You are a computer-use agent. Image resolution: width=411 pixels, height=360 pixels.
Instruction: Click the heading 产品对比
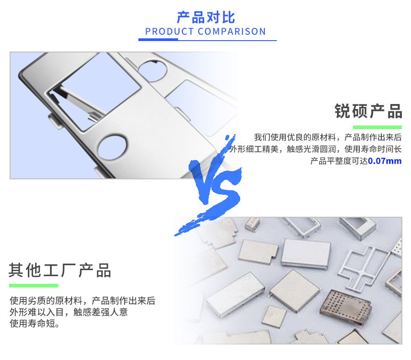pyautogui.click(x=205, y=17)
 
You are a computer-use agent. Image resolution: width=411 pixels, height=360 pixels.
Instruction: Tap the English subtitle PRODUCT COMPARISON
pyautogui.click(x=205, y=31)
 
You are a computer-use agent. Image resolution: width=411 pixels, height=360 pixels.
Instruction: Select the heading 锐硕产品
pyautogui.click(x=368, y=111)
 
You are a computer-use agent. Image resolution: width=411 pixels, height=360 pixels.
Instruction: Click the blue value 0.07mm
pyautogui.click(x=385, y=161)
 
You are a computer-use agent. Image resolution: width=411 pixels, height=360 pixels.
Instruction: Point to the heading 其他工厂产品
pyautogui.click(x=60, y=271)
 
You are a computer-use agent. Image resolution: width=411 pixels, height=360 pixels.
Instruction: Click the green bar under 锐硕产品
pyautogui.click(x=377, y=127)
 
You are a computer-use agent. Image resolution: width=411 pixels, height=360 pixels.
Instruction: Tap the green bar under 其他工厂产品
pyautogui.click(x=34, y=286)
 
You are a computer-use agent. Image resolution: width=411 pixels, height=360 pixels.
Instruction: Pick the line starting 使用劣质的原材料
pyautogui.click(x=82, y=301)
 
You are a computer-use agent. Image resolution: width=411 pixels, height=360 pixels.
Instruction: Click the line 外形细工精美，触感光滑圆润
pyautogui.click(x=316, y=149)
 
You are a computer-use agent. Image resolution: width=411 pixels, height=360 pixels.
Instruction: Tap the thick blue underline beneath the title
pyautogui.click(x=158, y=40)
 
